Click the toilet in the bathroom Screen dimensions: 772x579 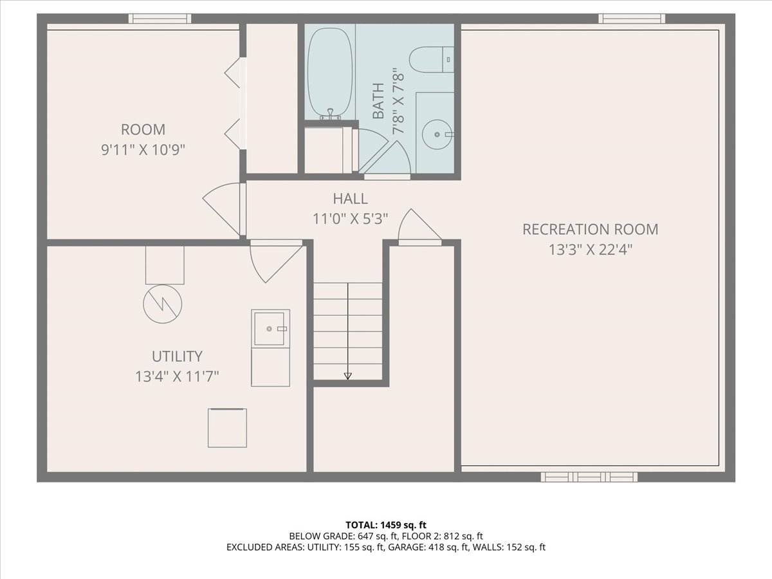click(x=431, y=59)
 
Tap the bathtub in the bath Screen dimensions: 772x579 click(x=329, y=74)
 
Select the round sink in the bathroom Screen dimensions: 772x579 click(x=437, y=134)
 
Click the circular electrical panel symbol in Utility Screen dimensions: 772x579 click(x=163, y=304)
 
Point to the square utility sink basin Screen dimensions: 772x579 click(x=269, y=329)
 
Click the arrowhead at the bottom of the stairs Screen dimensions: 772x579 click(x=347, y=376)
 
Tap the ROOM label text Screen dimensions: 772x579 click(x=143, y=129)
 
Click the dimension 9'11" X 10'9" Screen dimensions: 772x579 click(x=143, y=150)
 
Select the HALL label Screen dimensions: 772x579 click(x=351, y=199)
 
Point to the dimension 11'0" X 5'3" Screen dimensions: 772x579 click(x=351, y=219)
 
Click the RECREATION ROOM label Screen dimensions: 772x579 click(x=590, y=229)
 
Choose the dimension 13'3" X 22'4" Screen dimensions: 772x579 click(x=591, y=250)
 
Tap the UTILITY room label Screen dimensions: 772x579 click(x=177, y=356)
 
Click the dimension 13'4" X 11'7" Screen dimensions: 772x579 click(x=177, y=377)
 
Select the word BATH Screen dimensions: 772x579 click(x=378, y=101)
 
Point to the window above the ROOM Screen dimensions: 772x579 click(x=160, y=18)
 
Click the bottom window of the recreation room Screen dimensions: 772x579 click(x=589, y=477)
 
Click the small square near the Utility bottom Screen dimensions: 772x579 click(x=227, y=428)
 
